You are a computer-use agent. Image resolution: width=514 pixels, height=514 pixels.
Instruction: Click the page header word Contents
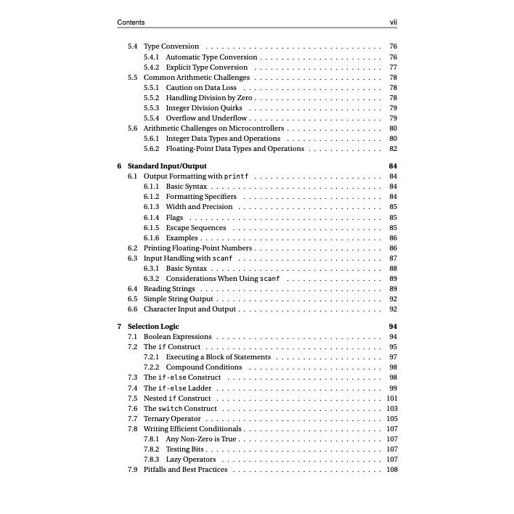coord(131,23)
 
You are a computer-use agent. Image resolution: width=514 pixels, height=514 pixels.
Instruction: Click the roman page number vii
coord(393,23)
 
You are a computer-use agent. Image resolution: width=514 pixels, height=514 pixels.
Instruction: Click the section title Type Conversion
coord(171,46)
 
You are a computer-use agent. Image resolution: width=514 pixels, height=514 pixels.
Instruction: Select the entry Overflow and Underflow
coord(207,118)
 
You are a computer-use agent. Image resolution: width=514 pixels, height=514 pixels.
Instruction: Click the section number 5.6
coord(133,128)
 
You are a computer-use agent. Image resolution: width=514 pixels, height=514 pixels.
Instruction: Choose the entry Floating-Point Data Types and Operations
coord(234,149)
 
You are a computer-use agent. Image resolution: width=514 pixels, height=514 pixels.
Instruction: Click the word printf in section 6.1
coord(237,176)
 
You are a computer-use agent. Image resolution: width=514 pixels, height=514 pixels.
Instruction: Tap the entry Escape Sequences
coord(196,227)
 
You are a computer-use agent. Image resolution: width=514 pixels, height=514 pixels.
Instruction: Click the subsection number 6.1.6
coord(152,238)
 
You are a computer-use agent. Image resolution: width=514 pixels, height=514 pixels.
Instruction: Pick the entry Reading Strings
coord(169,289)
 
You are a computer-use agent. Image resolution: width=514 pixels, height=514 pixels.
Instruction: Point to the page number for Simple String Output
coord(393,299)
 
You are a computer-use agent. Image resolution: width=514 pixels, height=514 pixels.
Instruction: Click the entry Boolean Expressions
coord(178,337)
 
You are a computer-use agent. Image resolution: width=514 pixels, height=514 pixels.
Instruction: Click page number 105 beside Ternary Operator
coord(392,419)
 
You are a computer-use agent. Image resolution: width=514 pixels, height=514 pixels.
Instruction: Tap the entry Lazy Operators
coord(191,460)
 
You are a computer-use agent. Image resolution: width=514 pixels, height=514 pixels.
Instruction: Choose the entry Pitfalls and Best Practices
coord(185,470)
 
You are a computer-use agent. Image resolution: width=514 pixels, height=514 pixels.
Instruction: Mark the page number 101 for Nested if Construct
coord(392,399)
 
